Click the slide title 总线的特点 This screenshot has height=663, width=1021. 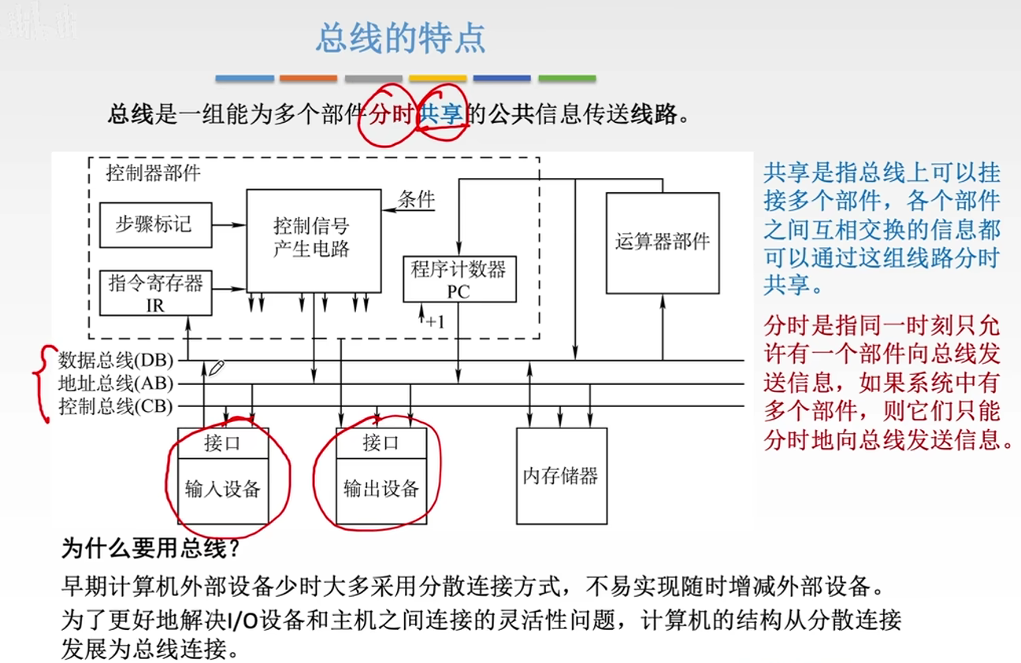pos(400,38)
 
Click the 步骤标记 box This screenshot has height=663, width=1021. pos(155,224)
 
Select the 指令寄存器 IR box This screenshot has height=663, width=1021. pos(155,293)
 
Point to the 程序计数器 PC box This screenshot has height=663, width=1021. pos(459,280)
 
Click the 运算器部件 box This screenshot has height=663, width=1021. pos(662,243)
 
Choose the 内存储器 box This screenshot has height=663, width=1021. pos(561,476)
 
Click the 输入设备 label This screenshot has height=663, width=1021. pos(222,489)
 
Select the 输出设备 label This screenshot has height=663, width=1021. pos(381,489)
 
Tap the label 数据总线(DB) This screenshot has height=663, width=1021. pos(115,361)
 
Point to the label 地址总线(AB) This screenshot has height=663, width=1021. pos(115,383)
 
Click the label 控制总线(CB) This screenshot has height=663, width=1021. pos(115,406)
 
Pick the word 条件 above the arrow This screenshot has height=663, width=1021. pos(416,198)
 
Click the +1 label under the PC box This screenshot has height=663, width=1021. pos(435,321)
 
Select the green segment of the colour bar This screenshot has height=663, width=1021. pos(566,79)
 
